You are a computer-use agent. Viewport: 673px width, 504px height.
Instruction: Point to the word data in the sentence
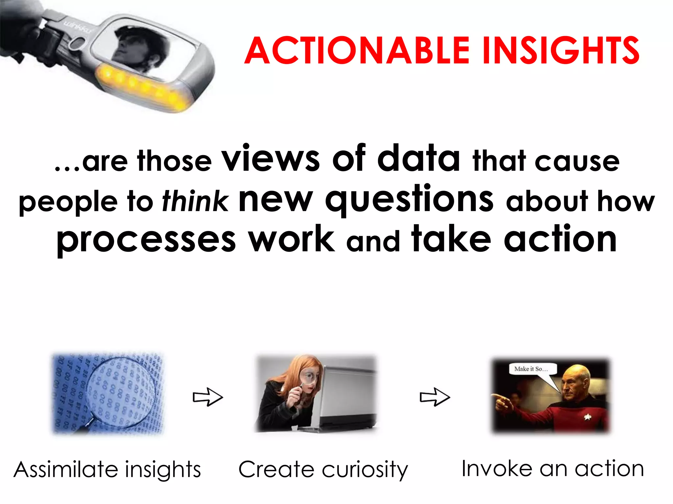point(419,158)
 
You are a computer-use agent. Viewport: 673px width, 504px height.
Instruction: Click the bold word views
point(270,158)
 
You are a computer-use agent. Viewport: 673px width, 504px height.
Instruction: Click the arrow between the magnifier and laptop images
point(208,397)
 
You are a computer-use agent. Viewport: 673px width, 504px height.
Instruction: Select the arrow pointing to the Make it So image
point(435,397)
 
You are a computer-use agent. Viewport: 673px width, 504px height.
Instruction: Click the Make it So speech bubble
point(532,369)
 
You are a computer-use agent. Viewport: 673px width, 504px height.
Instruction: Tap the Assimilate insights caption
point(107,469)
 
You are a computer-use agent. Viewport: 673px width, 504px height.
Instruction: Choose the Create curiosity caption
point(323,469)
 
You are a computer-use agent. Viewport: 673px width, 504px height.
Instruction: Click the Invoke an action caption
point(553,468)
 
